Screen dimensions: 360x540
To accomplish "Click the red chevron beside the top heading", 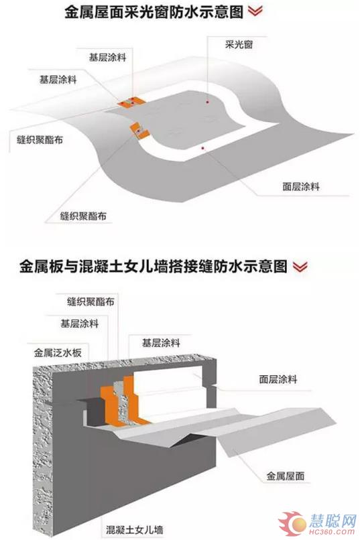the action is click(255, 11).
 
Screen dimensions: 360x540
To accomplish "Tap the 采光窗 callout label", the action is click(239, 45).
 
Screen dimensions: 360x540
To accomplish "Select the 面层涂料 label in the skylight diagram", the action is click(301, 187).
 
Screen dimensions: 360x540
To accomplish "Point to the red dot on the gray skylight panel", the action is click(207, 102).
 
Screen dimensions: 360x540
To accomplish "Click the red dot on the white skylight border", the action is click(203, 148).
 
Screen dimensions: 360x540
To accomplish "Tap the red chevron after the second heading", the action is click(300, 266).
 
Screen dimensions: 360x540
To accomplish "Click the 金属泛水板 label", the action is click(58, 352).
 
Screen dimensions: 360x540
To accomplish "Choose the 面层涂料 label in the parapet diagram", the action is click(278, 379).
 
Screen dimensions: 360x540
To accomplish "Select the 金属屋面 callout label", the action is click(285, 476).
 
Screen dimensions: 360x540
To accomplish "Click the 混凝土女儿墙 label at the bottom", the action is click(134, 529).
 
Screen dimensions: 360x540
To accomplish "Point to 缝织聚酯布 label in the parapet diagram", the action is click(91, 301).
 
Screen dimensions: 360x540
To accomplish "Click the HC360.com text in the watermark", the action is click(332, 531).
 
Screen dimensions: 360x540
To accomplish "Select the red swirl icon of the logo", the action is click(293, 524).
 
